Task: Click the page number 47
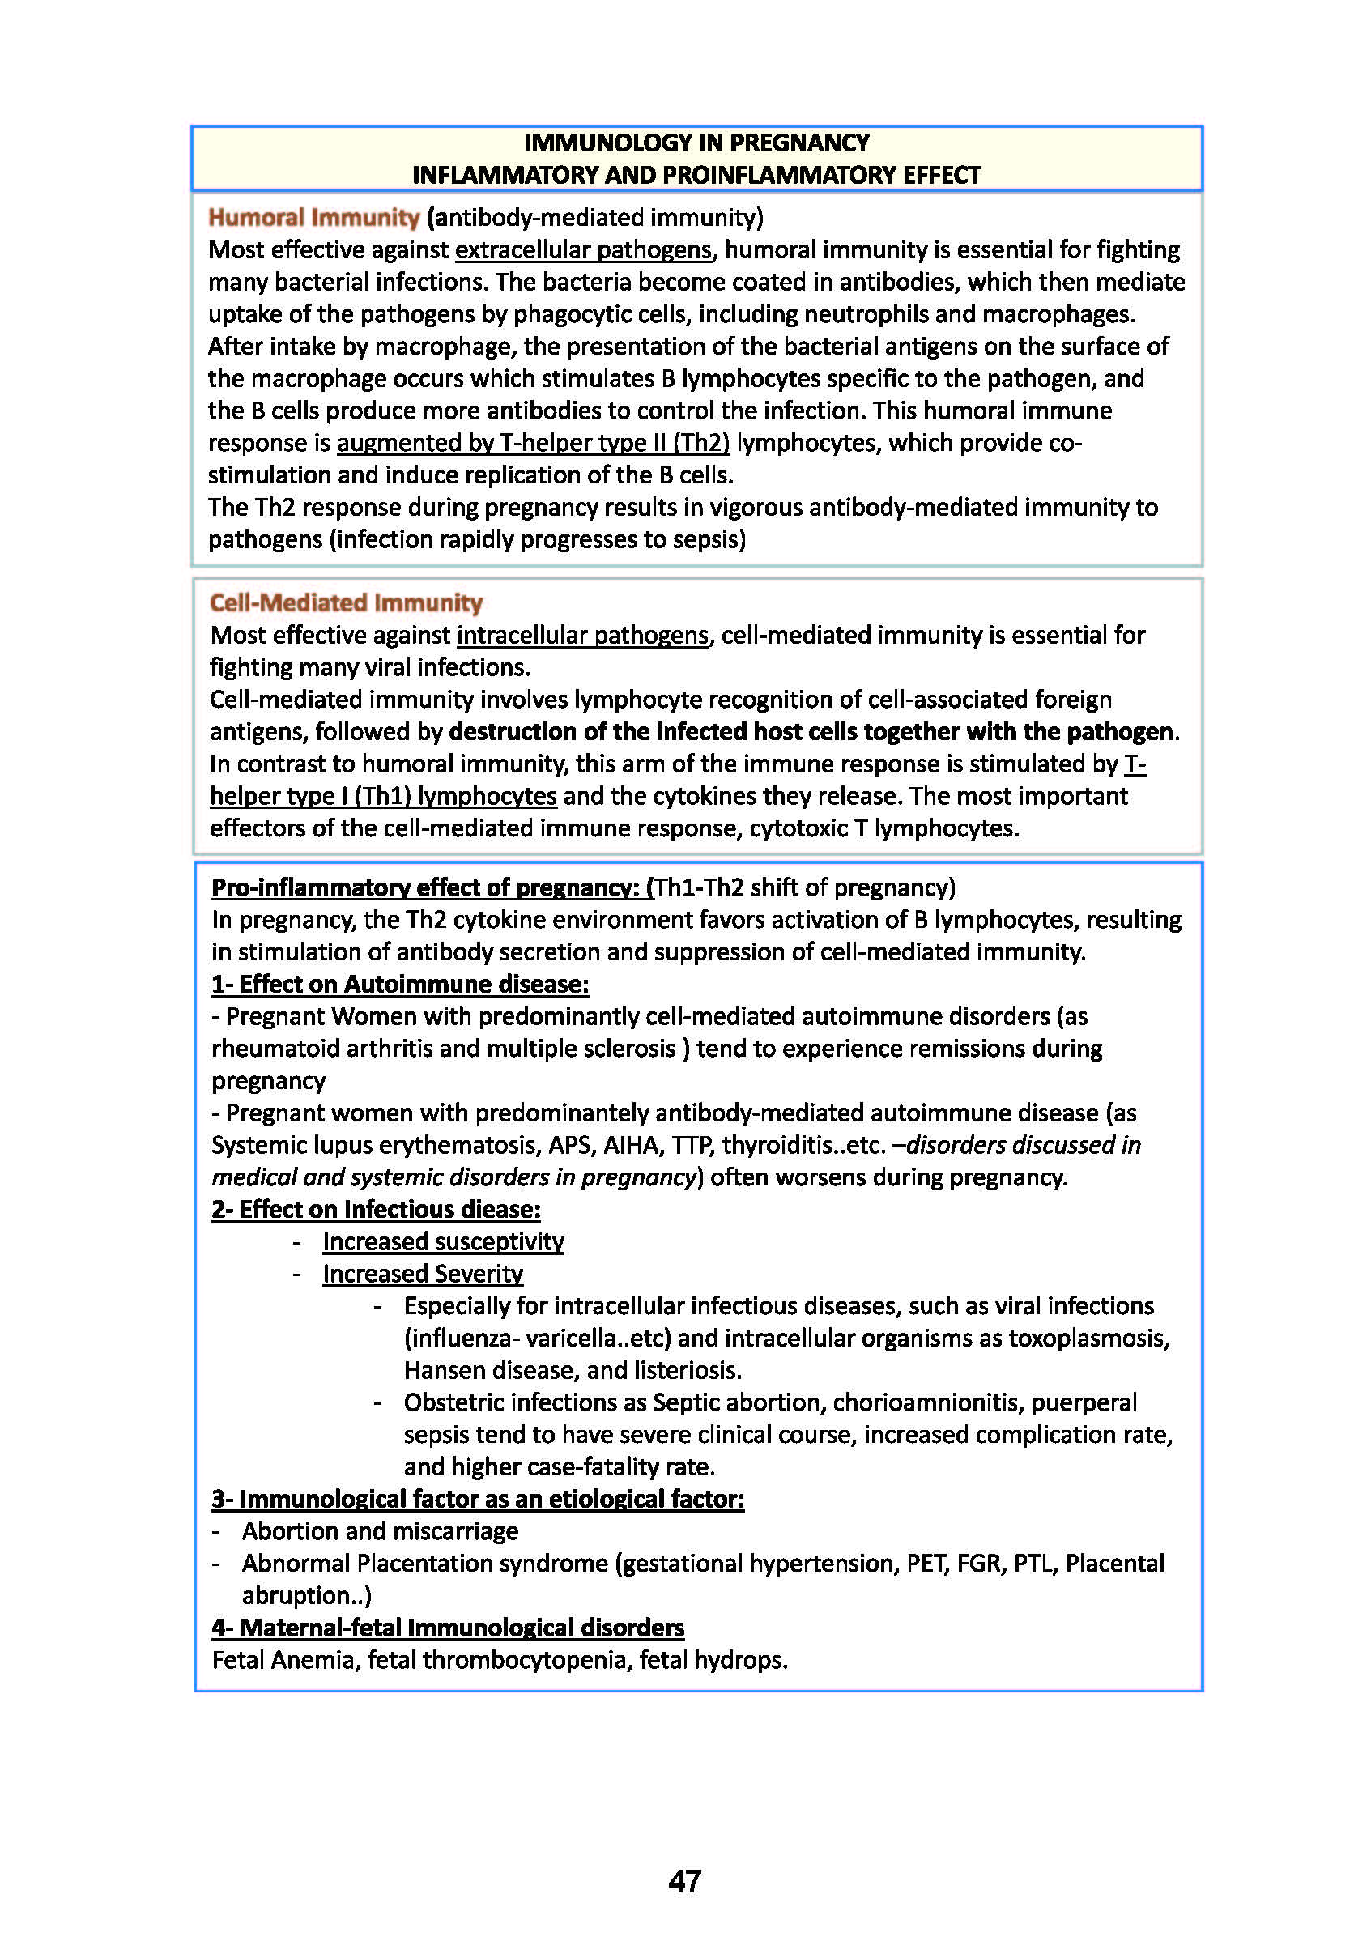[684, 1880]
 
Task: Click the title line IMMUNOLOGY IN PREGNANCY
[696, 143]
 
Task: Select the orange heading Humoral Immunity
[313, 218]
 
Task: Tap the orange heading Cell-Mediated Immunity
[346, 602]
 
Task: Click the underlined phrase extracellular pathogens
[583, 250]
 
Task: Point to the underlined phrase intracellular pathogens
[582, 635]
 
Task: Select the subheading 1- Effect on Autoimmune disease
[400, 984]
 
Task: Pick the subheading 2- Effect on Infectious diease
[376, 1209]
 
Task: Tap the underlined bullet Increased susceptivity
[443, 1241]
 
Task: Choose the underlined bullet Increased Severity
[423, 1273]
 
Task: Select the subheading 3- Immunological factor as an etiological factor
[478, 1499]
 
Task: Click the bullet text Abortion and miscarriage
[380, 1530]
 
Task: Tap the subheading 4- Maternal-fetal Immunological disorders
[447, 1628]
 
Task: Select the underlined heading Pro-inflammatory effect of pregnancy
[432, 887]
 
